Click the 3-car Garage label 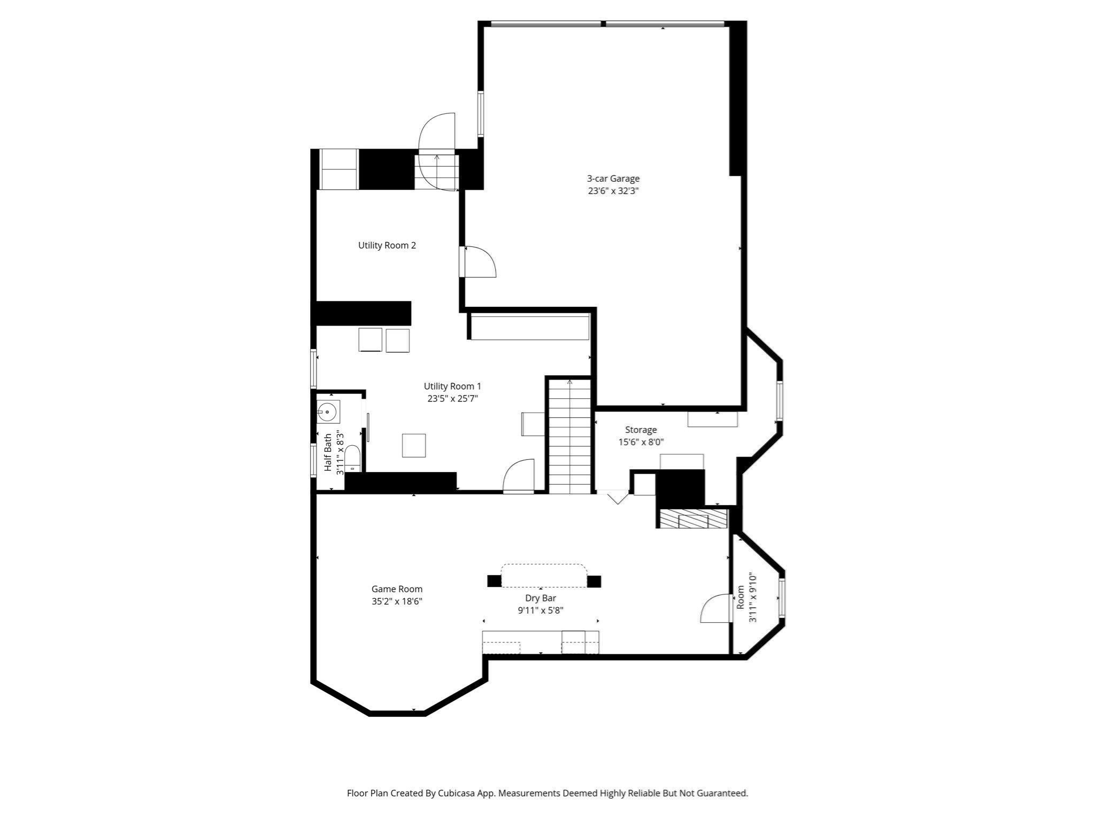(613, 179)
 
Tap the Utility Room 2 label (387, 245)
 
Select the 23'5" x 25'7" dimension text (452, 398)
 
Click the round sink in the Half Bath (327, 412)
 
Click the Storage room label (641, 430)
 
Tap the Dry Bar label (541, 598)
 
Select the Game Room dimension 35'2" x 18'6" (397, 601)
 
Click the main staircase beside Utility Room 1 (570, 436)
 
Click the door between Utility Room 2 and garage (479, 262)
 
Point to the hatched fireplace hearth (693, 518)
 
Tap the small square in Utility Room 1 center (414, 445)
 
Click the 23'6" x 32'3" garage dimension (613, 191)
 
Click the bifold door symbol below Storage (618, 498)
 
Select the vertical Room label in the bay (741, 598)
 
